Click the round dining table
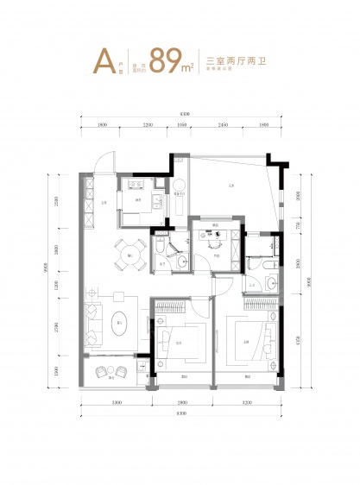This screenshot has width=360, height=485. click(128, 254)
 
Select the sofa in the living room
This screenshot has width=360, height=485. click(92, 322)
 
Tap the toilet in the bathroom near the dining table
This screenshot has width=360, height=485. click(161, 249)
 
